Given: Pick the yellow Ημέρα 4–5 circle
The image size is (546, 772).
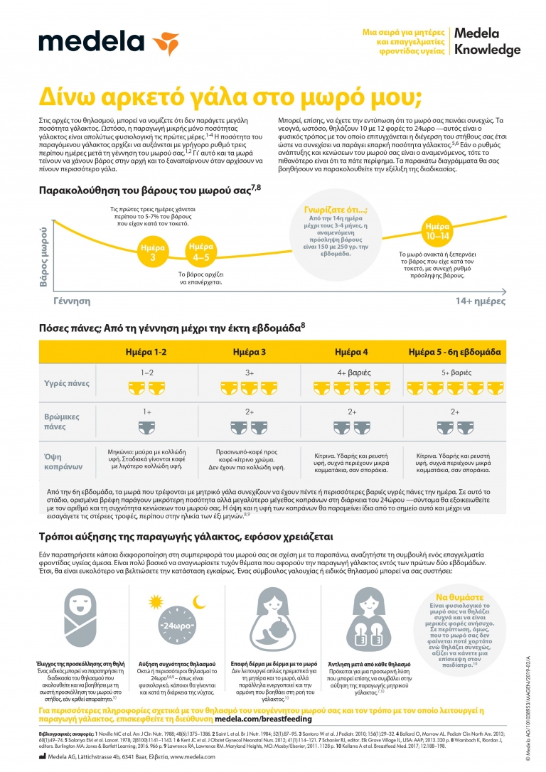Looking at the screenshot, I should tap(200, 252).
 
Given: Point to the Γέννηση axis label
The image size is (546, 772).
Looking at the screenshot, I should tap(72, 301).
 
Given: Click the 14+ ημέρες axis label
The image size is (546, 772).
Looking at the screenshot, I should tap(479, 301).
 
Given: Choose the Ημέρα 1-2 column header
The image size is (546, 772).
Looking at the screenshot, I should tap(146, 352).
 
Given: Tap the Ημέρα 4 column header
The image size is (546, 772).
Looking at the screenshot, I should tap(351, 352).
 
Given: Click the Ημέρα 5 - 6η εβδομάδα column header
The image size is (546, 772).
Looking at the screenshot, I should tap(455, 352).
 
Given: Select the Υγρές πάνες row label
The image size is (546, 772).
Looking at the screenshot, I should tap(68, 382).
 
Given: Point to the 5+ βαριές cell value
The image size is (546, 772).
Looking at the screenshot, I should tap(455, 372).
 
